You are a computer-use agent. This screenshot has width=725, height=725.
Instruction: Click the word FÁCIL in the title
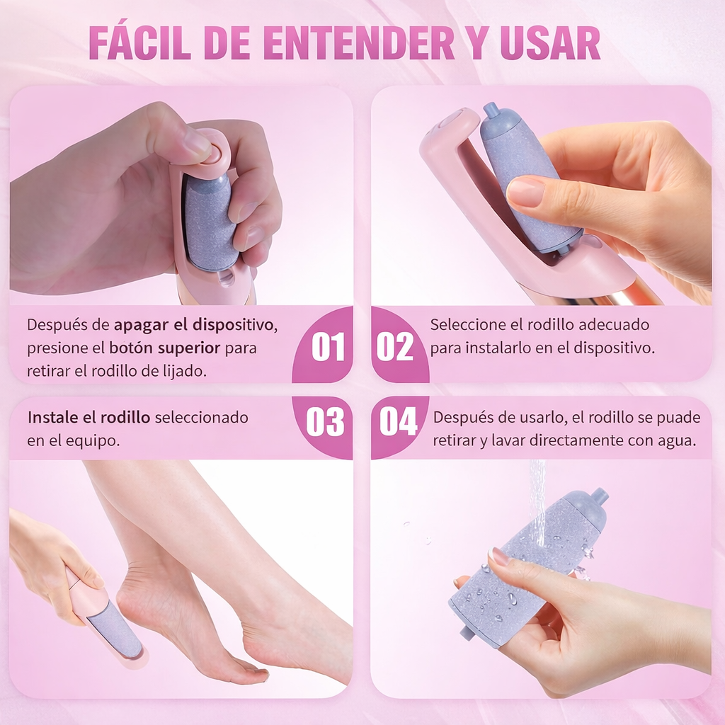[x=139, y=43]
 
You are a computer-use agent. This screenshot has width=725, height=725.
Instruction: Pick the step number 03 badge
[x=325, y=422]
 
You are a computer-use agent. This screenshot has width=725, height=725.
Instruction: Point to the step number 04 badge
[x=398, y=422]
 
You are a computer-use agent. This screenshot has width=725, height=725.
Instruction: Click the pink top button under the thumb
[x=210, y=151]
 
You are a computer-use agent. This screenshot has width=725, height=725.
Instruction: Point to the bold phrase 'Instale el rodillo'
[x=89, y=418]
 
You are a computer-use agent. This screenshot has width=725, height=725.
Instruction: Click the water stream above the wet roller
[x=538, y=496]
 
